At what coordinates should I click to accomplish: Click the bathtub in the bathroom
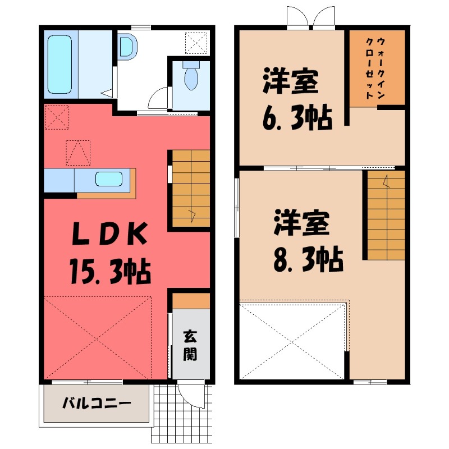coord(59,64)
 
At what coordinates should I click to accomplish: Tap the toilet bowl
coord(191,78)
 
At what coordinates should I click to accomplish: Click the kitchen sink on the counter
coord(109,180)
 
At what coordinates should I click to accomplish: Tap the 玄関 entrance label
coord(190,347)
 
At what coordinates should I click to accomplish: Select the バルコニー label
coord(95,403)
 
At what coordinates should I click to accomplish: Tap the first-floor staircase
coord(191,189)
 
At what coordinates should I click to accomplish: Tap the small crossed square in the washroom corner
coord(196,41)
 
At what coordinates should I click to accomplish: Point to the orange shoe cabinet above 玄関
coord(191,301)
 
